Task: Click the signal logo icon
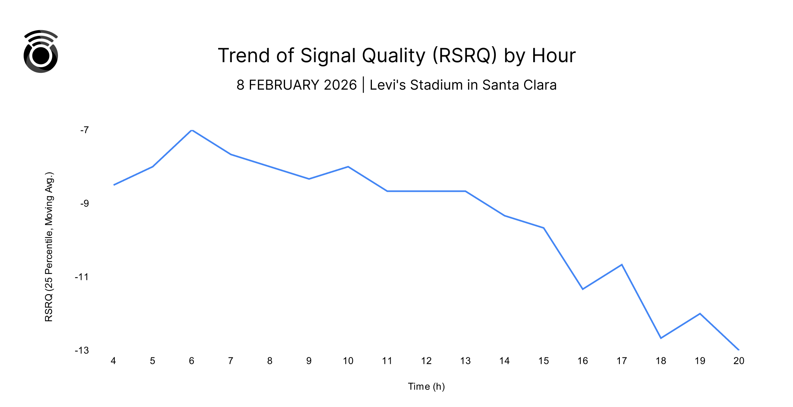pyautogui.click(x=41, y=51)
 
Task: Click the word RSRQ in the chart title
pyautogui.click(x=465, y=56)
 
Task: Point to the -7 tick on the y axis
pyautogui.click(x=84, y=130)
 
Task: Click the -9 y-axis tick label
pyautogui.click(x=84, y=203)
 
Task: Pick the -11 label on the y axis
pyautogui.click(x=82, y=277)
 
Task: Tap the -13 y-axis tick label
pyautogui.click(x=82, y=350)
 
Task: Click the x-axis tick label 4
pyautogui.click(x=113, y=361)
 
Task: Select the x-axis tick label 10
pyautogui.click(x=348, y=361)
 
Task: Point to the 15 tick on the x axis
pyautogui.click(x=544, y=361)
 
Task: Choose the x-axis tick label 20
pyautogui.click(x=739, y=361)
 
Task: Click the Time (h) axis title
pyautogui.click(x=426, y=386)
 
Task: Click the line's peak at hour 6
pyautogui.click(x=192, y=130)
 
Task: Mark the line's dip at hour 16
pyautogui.click(x=583, y=289)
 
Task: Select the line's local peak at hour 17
pyautogui.click(x=622, y=265)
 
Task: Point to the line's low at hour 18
pyautogui.click(x=661, y=338)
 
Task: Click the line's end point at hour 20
pyautogui.click(x=738, y=349)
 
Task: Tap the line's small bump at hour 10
pyautogui.click(x=348, y=167)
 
